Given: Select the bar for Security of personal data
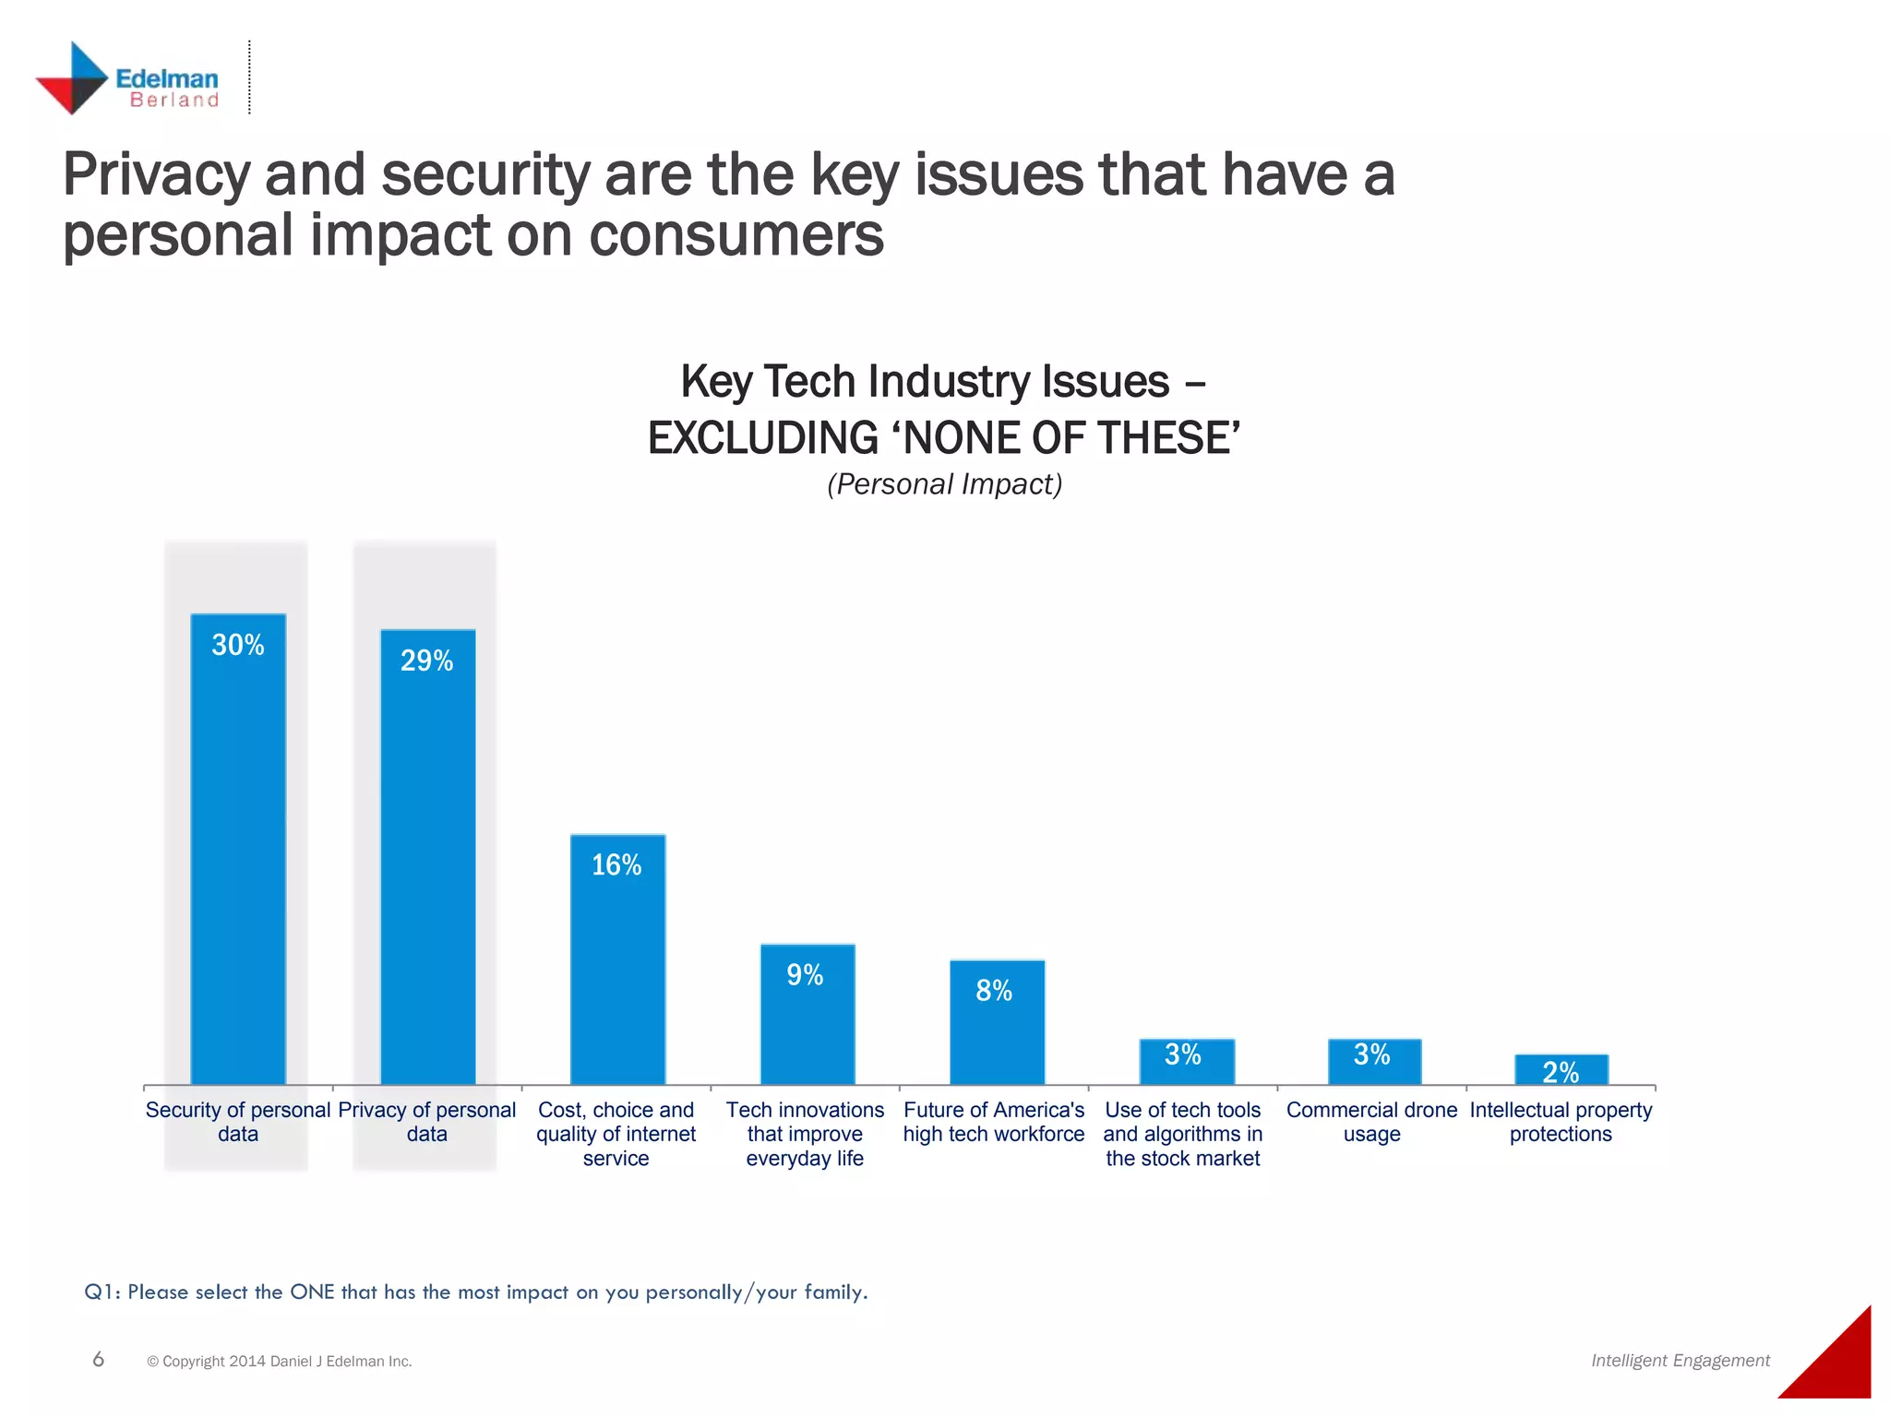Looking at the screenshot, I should (238, 849).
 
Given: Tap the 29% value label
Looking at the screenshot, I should (426, 661).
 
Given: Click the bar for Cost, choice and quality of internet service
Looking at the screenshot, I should (617, 959).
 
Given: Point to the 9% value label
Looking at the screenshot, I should (805, 975).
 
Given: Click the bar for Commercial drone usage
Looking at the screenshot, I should (1374, 1062).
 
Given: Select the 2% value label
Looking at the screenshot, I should (1561, 1072).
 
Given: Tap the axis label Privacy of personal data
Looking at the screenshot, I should (427, 1122).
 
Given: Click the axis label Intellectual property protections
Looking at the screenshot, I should (1561, 1122).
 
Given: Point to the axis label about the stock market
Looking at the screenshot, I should (1182, 1134).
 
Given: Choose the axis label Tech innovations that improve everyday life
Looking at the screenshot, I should (805, 1134).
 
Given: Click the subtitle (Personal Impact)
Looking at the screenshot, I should (944, 484).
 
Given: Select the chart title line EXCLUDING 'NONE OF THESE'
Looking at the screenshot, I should (944, 438).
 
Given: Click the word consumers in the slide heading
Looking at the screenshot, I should (736, 234).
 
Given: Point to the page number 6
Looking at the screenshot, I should (99, 1359).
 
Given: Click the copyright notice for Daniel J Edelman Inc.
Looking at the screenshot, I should (279, 1362).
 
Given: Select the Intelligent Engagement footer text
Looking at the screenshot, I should (1680, 1361).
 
